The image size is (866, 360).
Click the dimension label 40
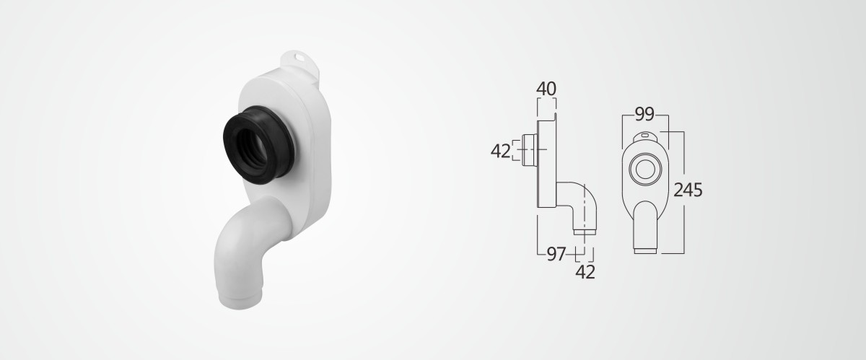point(546,89)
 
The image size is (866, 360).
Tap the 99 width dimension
point(644,114)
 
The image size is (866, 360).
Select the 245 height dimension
point(688,190)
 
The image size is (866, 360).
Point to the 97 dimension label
point(556,254)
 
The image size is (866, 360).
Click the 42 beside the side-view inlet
point(501,151)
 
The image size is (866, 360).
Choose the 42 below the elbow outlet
point(585,272)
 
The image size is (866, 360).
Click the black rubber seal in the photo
point(258,146)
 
